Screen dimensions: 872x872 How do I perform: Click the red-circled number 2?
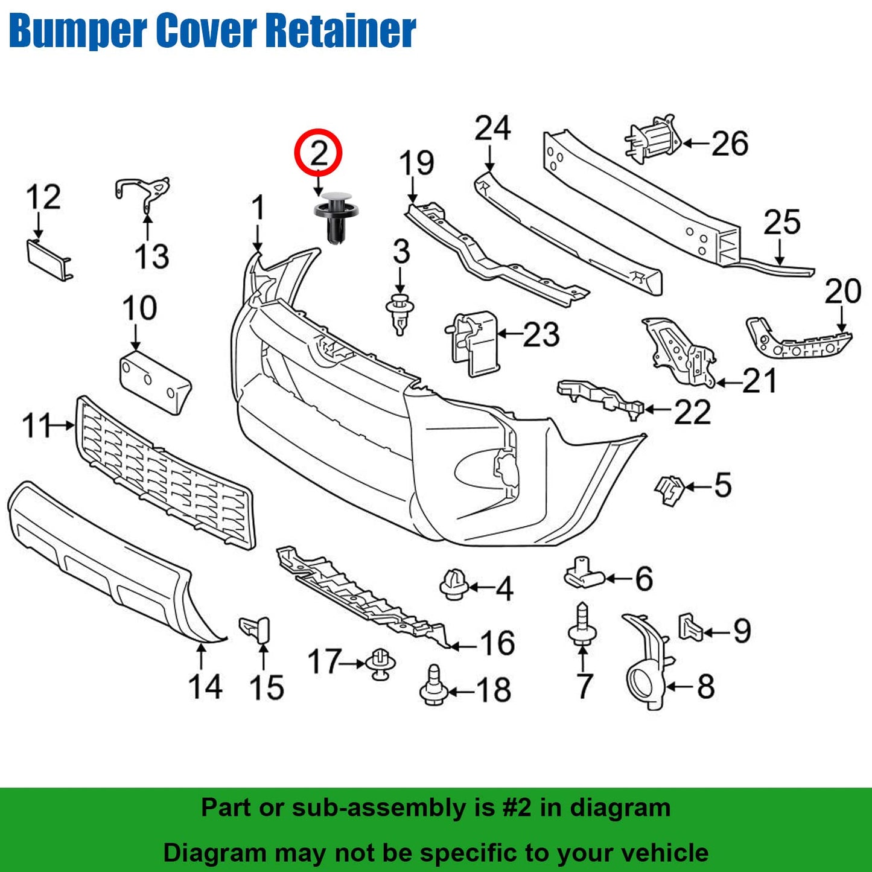click(x=318, y=153)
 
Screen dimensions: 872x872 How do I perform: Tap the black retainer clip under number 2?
click(x=336, y=218)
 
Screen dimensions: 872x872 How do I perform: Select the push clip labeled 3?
click(x=399, y=313)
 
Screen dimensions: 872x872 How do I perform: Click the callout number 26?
click(x=730, y=144)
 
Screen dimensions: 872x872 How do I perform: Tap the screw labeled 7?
click(x=582, y=628)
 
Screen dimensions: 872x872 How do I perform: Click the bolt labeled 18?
click(x=434, y=687)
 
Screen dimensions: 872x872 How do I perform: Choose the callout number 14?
click(x=205, y=687)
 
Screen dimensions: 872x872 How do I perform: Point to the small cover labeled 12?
click(x=49, y=258)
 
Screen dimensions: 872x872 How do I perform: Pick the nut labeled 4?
click(x=454, y=584)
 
